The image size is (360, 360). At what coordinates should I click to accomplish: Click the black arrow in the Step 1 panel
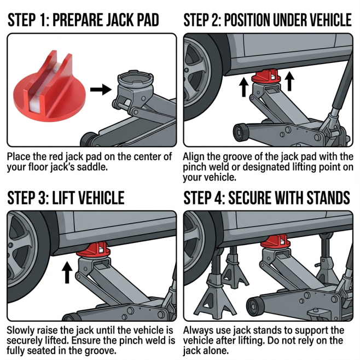[x=100, y=89]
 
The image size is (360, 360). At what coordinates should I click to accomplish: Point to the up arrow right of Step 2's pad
[x=289, y=82]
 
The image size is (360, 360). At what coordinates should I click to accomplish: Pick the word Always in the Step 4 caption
[x=198, y=331]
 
